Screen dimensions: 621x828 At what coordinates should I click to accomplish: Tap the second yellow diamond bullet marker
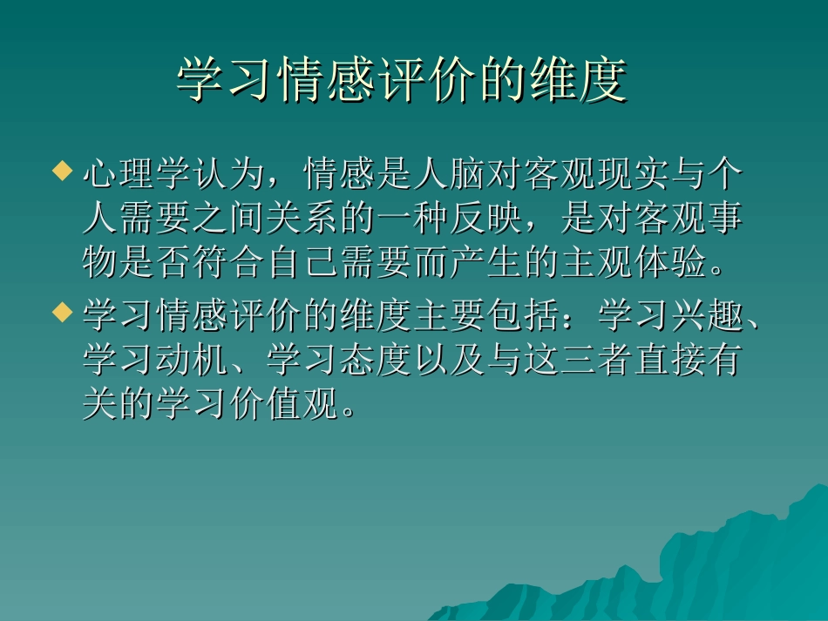pos(61,312)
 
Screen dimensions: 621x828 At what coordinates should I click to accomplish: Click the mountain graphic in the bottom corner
pos(723,566)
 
